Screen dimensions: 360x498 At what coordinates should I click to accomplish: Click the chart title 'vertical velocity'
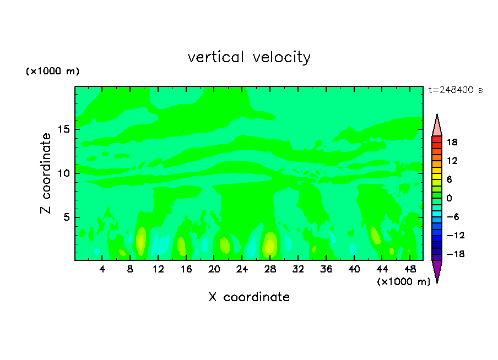point(249,57)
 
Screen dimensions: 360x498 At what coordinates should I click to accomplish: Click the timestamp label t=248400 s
point(455,90)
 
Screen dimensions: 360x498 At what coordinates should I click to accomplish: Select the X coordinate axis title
point(249,297)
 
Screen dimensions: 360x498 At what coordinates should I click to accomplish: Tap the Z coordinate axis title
point(46,173)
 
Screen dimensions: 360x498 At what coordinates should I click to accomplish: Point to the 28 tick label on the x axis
point(270,269)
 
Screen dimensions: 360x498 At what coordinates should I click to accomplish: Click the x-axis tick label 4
point(102,269)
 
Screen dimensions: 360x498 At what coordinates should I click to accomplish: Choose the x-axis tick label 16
point(186,269)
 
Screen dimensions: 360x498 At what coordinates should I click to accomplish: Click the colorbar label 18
point(452,142)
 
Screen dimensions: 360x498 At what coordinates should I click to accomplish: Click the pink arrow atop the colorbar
point(437,126)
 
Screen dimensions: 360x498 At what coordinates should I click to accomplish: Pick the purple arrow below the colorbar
point(437,271)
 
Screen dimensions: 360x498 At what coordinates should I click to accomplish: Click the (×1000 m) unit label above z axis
point(53,72)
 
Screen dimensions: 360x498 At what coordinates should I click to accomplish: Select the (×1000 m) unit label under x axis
point(403,282)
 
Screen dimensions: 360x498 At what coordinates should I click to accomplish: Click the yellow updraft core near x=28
point(269,244)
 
